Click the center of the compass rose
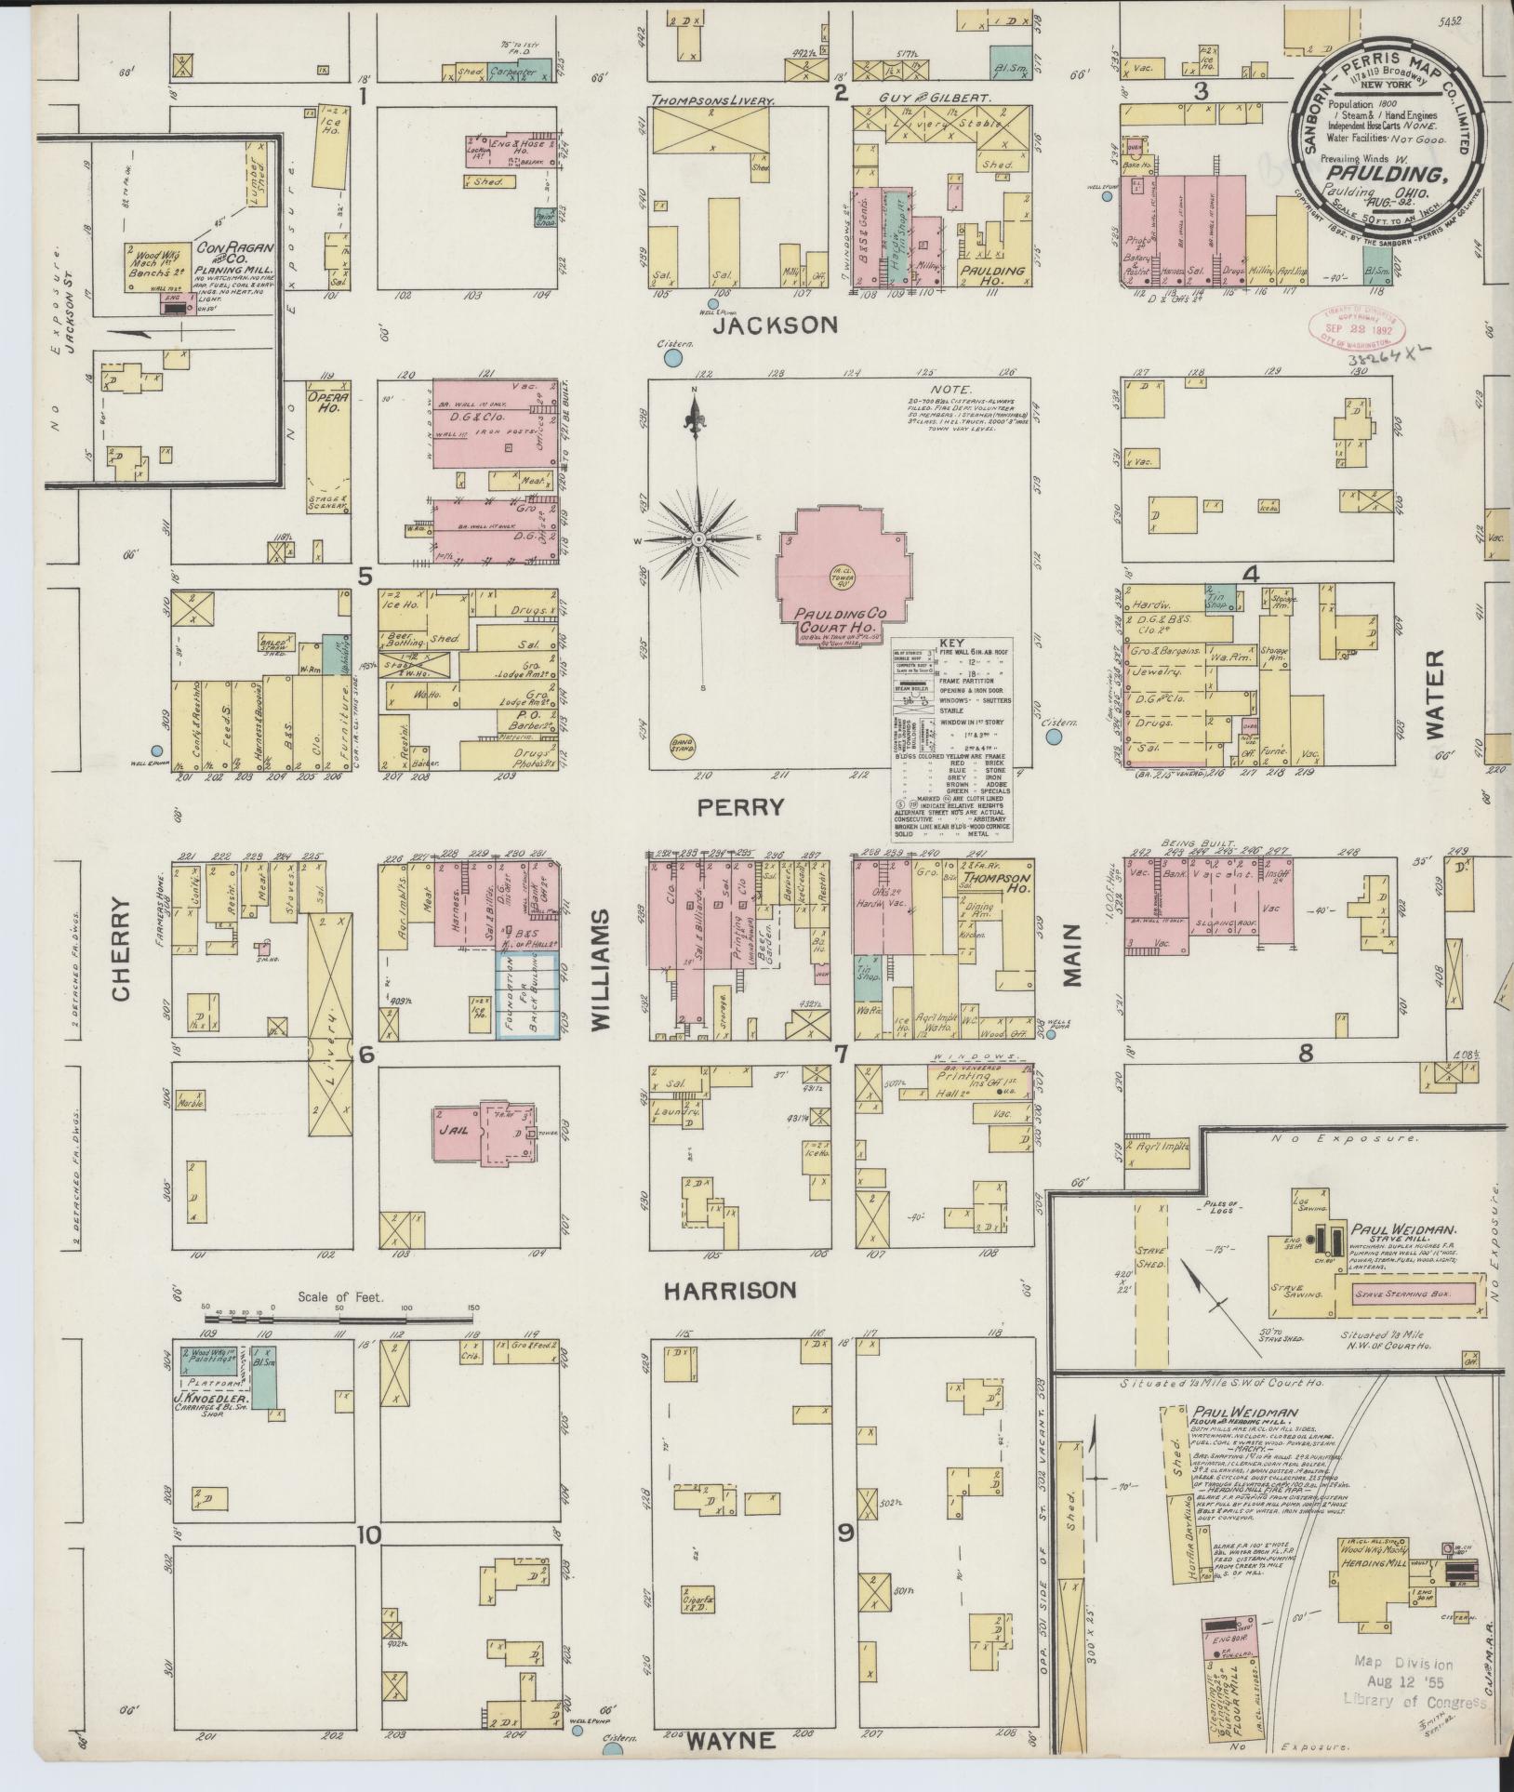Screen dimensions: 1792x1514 [697, 539]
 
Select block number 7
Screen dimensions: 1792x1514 [841, 1055]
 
